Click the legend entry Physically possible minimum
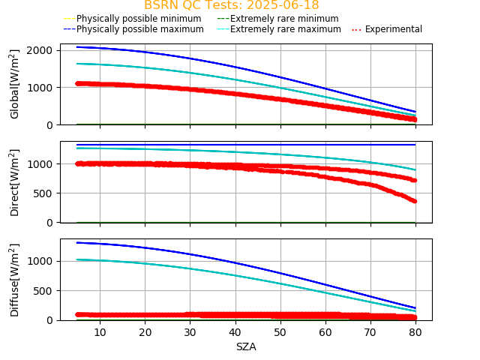pyautogui.click(x=138, y=19)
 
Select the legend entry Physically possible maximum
pyautogui.click(x=139, y=29)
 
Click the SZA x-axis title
pyautogui.click(x=246, y=346)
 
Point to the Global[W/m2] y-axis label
pyautogui.click(x=15, y=84)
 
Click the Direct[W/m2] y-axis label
pyautogui.click(x=15, y=182)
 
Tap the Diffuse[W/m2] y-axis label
pyautogui.click(x=15, y=279)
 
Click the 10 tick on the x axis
pyautogui.click(x=100, y=331)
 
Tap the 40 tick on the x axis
pyautogui.click(x=235, y=331)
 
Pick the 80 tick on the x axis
pyautogui.click(x=415, y=331)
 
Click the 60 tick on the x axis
pyautogui.click(x=325, y=331)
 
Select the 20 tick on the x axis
pyautogui.click(x=145, y=331)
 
